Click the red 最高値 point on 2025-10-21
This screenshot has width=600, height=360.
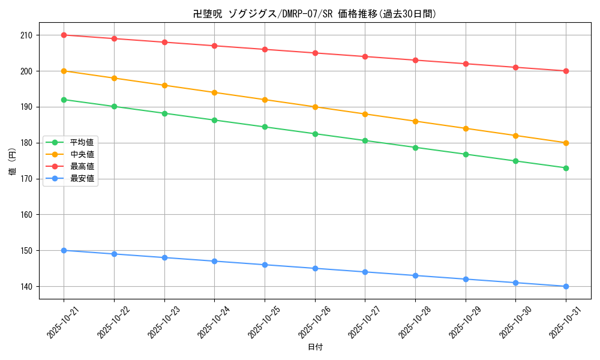(x=64, y=35)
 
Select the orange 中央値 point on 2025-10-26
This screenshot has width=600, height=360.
(x=315, y=107)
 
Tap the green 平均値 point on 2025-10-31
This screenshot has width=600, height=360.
(x=566, y=168)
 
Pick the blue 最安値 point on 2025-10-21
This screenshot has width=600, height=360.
(x=64, y=250)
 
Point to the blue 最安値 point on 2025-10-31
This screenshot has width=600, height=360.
(x=566, y=286)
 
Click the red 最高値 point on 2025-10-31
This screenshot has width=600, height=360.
(x=566, y=71)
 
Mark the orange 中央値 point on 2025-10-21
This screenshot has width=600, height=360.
(x=64, y=71)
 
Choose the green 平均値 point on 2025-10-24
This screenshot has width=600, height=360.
(x=214, y=120)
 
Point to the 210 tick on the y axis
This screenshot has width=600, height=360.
(x=28, y=35)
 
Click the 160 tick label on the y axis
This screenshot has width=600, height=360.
(x=28, y=215)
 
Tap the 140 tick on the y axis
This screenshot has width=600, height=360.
(x=28, y=286)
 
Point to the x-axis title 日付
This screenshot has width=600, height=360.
(x=314, y=347)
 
